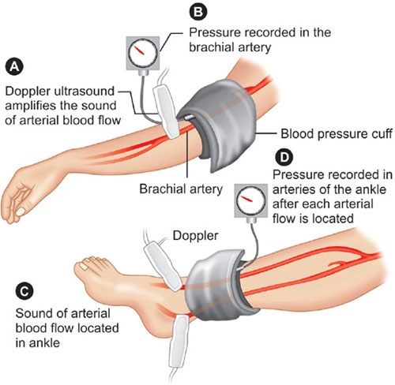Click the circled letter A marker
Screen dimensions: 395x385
[14, 67]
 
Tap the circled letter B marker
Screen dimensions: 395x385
[198, 12]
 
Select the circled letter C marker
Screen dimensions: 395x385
[24, 292]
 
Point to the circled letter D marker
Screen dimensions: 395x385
[284, 157]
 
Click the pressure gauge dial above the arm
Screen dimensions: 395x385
[143, 54]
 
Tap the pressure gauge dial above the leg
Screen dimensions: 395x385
[251, 201]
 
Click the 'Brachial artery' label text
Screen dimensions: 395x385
[181, 189]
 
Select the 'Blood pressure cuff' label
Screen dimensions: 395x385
[337, 134]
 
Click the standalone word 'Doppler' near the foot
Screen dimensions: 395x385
[195, 236]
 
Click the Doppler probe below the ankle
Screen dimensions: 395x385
[179, 342]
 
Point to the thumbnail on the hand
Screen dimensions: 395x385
[21, 211]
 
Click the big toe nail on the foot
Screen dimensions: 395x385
[84, 267]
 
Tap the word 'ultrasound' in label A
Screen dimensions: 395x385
[84, 92]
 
